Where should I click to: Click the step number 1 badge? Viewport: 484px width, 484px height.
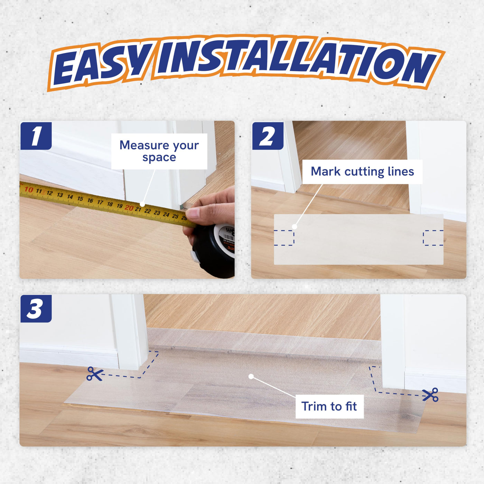point(36,136)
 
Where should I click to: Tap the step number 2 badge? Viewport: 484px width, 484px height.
point(268,136)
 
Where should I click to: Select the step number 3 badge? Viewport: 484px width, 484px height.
point(36,309)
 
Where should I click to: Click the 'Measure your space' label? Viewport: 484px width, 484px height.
point(159,151)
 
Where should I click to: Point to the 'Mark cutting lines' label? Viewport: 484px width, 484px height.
point(362,172)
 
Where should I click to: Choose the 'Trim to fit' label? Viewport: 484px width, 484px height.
point(329,407)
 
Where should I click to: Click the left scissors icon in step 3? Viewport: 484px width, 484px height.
point(95,374)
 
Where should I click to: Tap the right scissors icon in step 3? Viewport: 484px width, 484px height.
point(430,394)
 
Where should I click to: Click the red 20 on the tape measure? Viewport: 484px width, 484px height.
point(129,207)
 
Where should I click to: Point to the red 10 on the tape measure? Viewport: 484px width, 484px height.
point(29,190)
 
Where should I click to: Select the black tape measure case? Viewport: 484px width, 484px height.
point(214,250)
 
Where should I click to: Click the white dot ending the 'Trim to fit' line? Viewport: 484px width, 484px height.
point(251,376)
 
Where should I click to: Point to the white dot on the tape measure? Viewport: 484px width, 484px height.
point(142,204)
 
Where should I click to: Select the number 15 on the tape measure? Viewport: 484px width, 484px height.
point(80,199)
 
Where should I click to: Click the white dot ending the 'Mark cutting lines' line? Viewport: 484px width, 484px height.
point(294,227)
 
